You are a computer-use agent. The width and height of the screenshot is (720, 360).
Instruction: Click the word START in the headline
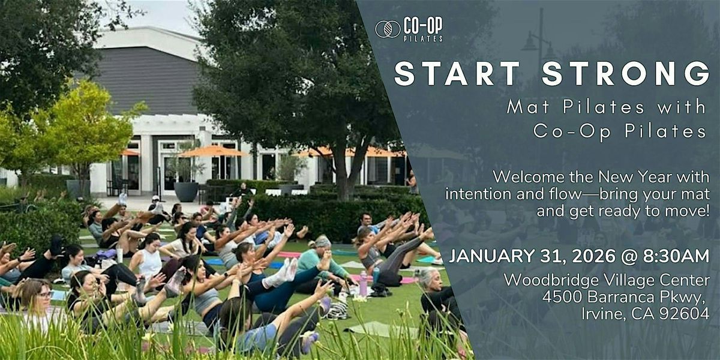pos(457,74)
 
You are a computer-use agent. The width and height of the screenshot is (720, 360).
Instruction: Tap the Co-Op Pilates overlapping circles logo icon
pos(388,29)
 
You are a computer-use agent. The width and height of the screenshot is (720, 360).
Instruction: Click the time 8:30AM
pos(676,256)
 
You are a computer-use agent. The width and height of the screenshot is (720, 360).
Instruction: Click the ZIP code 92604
pos(685,314)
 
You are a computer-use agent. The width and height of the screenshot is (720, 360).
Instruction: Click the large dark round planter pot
pos(186,191)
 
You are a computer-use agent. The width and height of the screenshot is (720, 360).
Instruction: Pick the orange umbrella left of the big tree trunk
pos(212,151)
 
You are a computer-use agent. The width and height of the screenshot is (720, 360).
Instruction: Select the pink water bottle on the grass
pos(363,283)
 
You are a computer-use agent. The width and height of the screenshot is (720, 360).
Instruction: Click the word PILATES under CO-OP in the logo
pos(423,39)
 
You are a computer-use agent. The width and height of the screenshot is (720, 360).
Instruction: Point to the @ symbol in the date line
pos(629,257)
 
